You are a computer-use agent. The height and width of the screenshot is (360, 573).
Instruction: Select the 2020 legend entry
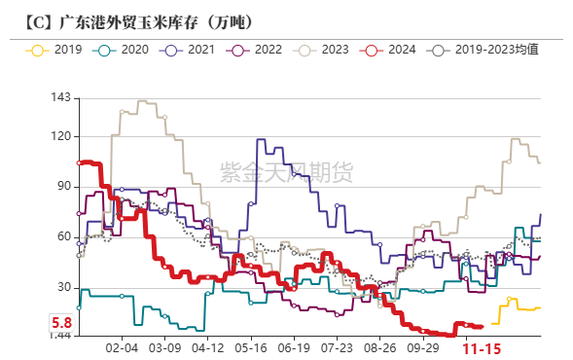tap(128, 49)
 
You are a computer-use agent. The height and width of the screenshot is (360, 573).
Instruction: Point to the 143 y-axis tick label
tap(59, 97)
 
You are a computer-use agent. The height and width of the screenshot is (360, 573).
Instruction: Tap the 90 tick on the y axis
tap(63, 186)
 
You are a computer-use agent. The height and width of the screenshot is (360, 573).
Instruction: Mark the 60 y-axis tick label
tap(63, 236)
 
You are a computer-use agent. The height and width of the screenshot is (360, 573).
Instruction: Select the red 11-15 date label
tap(482, 348)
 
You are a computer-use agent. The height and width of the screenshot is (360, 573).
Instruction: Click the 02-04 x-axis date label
tap(122, 347)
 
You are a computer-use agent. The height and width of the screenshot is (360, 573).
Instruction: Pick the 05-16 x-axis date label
tap(251, 347)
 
